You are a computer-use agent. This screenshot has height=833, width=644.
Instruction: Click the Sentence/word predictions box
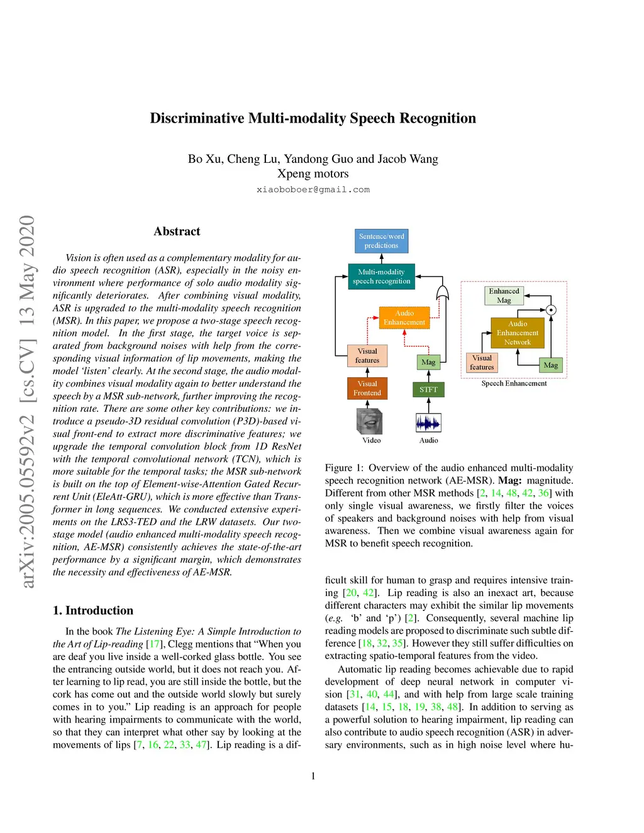tap(381, 241)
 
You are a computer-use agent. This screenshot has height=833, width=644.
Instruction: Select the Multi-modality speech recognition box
tap(381, 277)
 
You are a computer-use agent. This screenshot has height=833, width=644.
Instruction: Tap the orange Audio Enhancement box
tap(404, 317)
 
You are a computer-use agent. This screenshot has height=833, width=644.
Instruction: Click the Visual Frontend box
tap(367, 389)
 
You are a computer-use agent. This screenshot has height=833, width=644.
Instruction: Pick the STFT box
tap(428, 390)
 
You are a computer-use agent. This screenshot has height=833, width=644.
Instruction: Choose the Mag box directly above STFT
tap(428, 362)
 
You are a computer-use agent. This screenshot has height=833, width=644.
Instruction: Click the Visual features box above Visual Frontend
tap(367, 356)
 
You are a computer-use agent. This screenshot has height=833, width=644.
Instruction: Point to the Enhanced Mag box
tap(504, 295)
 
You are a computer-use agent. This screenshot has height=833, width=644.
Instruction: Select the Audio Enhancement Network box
tap(518, 333)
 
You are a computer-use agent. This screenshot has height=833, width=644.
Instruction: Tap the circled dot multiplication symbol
tap(551, 310)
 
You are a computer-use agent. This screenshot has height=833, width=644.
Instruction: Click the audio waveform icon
tap(428, 422)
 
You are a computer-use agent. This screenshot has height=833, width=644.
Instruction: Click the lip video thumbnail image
tap(370, 421)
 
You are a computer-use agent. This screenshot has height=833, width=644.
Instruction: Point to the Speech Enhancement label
tap(514, 383)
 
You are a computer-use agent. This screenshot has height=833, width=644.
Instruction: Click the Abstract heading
tap(177, 231)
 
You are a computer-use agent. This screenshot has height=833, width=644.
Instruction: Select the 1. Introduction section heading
tap(93, 610)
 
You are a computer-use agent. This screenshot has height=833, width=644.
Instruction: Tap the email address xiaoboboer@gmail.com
tap(313, 190)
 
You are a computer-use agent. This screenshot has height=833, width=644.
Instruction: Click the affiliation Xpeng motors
tap(313, 174)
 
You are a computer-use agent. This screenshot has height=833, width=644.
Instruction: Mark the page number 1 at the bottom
tap(313, 776)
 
